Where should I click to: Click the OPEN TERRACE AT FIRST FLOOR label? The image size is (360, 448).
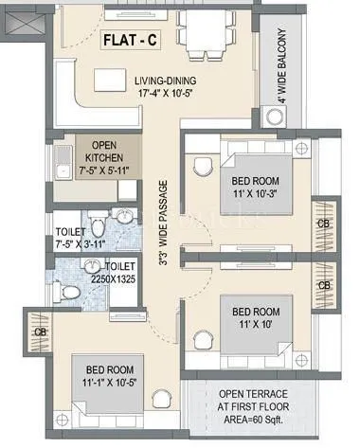point(252,402)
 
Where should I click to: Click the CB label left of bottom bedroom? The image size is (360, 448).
point(40,332)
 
